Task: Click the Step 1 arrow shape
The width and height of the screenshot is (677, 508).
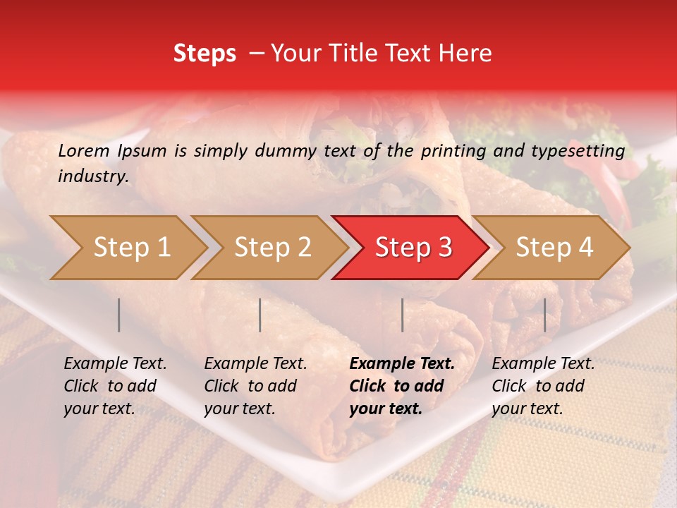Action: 131,248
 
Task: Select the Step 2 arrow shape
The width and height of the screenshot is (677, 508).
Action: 272,248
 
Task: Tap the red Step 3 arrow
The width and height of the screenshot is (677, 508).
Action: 413,248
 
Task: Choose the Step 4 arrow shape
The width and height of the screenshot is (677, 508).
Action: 554,248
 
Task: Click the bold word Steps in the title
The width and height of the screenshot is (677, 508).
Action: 205,54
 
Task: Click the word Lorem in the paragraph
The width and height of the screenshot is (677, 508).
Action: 84,150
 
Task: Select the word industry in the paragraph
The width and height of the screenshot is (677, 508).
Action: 93,176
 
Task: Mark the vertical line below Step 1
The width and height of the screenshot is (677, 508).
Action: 119,315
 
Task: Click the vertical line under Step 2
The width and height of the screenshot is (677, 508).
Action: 260,315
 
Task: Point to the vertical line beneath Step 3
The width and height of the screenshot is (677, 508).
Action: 402,315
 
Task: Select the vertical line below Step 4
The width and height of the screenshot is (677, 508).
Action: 544,315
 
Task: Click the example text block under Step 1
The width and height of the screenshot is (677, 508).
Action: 115,386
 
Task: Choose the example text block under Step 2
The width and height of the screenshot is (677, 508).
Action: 255,386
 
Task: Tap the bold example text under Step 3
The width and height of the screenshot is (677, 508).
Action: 402,386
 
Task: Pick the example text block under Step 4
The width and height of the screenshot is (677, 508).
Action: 543,386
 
